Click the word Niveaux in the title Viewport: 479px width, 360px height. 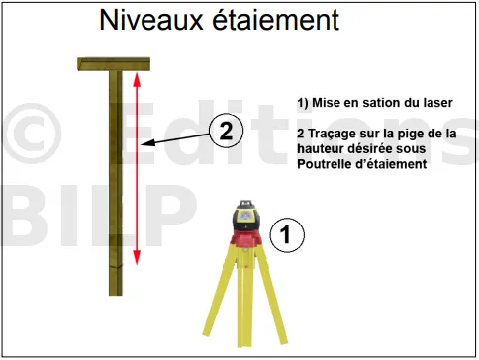pos(151,20)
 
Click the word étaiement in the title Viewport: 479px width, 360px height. pos(275,20)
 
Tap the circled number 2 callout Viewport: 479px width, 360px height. pos(226,131)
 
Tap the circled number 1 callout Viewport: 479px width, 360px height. pos(287,235)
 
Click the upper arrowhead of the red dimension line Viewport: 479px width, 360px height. pos(137,79)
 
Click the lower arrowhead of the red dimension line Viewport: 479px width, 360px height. pos(137,257)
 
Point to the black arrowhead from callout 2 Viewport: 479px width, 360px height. pos(146,143)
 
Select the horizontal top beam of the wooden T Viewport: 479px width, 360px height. pos(114,64)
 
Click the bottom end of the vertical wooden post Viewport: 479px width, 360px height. pos(116,295)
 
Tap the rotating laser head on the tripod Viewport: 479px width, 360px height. pos(246,216)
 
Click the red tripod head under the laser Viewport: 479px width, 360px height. pos(246,239)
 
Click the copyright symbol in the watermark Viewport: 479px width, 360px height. pos(32,134)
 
